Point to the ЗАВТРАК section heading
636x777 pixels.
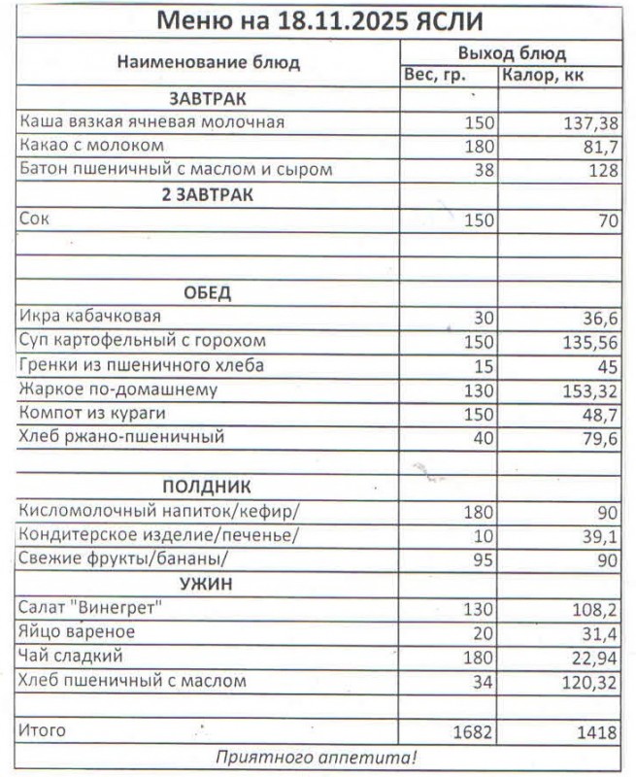tap(208, 99)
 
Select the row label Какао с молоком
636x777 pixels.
tap(92, 146)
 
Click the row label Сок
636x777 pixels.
tap(34, 220)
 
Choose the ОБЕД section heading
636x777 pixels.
tap(208, 292)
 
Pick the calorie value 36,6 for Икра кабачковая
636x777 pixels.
tap(599, 318)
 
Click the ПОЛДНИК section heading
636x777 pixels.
tap(207, 487)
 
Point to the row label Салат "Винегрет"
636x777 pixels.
tap(90, 608)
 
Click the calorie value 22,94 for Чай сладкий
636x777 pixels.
tap(595, 658)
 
